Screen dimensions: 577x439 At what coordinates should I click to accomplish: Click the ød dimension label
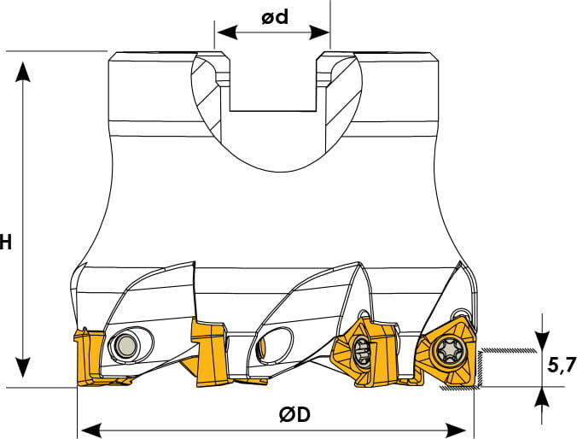(275, 17)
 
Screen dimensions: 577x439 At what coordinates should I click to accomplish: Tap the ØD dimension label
(294, 415)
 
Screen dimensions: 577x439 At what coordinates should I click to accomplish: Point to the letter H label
(5, 243)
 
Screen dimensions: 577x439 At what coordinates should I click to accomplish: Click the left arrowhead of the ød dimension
(226, 32)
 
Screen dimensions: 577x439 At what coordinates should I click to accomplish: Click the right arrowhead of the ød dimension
(319, 32)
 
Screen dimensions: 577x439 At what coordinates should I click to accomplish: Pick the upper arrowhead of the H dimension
(24, 72)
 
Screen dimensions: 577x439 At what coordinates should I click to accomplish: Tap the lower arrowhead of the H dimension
(24, 366)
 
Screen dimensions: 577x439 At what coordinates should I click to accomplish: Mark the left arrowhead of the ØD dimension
(90, 430)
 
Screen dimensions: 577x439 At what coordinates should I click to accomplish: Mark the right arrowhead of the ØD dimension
(457, 430)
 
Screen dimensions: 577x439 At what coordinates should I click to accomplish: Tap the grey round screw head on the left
(125, 345)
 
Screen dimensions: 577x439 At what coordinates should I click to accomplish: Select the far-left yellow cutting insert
(90, 358)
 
